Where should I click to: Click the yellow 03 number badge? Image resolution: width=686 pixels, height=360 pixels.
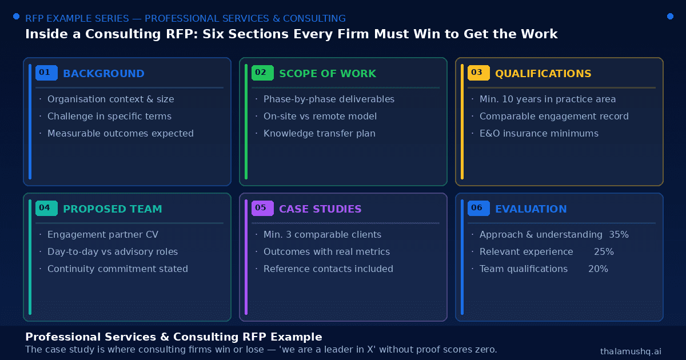[478, 73]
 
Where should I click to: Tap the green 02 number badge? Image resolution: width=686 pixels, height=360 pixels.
[262, 73]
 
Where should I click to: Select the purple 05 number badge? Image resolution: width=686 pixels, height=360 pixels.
[262, 208]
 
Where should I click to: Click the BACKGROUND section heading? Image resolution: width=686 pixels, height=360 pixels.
[103, 74]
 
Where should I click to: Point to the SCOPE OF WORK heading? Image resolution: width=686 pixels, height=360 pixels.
[328, 74]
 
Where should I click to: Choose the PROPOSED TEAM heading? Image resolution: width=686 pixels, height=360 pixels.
[113, 209]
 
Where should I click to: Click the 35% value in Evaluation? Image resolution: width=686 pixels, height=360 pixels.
[619, 234]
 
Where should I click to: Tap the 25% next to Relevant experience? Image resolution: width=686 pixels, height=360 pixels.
[604, 251]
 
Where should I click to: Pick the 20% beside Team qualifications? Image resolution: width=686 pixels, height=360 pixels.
[598, 269]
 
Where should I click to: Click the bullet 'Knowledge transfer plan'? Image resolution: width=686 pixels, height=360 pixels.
[320, 134]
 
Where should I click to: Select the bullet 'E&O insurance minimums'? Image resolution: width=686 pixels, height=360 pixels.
[539, 134]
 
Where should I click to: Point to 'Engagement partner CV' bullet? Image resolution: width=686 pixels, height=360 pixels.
[103, 234]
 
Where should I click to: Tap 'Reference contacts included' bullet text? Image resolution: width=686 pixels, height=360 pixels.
[328, 269]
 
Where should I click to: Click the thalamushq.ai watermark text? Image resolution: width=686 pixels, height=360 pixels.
[631, 351]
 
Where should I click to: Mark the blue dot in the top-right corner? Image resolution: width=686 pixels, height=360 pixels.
[670, 16]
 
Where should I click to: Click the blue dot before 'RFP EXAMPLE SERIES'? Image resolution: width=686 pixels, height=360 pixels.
[16, 16]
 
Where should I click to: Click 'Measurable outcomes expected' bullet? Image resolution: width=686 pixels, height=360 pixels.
[121, 134]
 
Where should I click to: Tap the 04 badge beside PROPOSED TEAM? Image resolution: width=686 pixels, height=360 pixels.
[46, 208]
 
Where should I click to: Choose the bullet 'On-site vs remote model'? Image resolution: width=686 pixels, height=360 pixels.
[320, 117]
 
